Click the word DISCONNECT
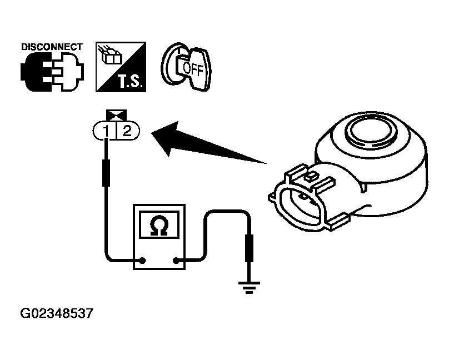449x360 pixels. (x=52, y=47)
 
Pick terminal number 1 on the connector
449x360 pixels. (x=104, y=132)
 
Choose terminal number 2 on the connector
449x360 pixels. (x=127, y=132)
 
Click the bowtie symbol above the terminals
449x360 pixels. (x=116, y=115)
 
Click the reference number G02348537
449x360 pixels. (x=56, y=314)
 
